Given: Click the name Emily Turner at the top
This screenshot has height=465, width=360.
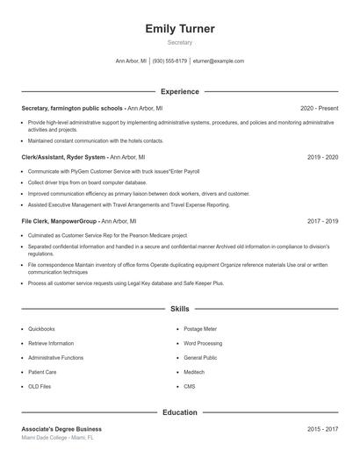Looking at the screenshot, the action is (x=180, y=29).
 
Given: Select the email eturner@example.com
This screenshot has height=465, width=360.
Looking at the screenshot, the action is (x=218, y=61).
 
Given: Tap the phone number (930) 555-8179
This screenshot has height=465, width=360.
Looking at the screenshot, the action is (x=169, y=61).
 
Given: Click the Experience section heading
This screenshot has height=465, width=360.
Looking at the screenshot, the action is (x=180, y=91).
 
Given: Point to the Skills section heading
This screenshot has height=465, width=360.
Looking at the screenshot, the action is (x=180, y=310).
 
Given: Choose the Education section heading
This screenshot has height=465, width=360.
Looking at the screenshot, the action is (x=180, y=411).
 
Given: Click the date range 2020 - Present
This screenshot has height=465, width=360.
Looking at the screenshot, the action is (x=319, y=108).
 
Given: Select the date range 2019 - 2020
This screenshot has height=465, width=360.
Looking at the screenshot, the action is (x=322, y=157).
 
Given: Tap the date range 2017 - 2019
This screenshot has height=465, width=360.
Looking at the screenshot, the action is (x=322, y=221).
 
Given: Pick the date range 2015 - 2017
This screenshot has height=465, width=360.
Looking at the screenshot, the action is (x=322, y=429).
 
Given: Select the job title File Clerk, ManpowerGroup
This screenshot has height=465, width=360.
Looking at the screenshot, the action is (x=60, y=221).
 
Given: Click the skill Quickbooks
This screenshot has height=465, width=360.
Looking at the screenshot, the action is (x=41, y=329).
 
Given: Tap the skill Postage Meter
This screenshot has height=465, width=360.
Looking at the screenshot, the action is (x=200, y=329).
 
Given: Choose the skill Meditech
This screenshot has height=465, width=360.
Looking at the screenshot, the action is (x=194, y=372).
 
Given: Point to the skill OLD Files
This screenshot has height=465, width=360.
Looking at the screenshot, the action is (x=40, y=386).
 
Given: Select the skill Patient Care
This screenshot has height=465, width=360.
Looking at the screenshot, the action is (x=42, y=372).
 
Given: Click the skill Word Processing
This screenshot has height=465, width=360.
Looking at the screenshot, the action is (x=203, y=343).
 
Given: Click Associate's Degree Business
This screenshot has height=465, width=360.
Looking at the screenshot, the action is (x=61, y=429).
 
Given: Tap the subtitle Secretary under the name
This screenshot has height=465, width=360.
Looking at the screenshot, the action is (x=180, y=42).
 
